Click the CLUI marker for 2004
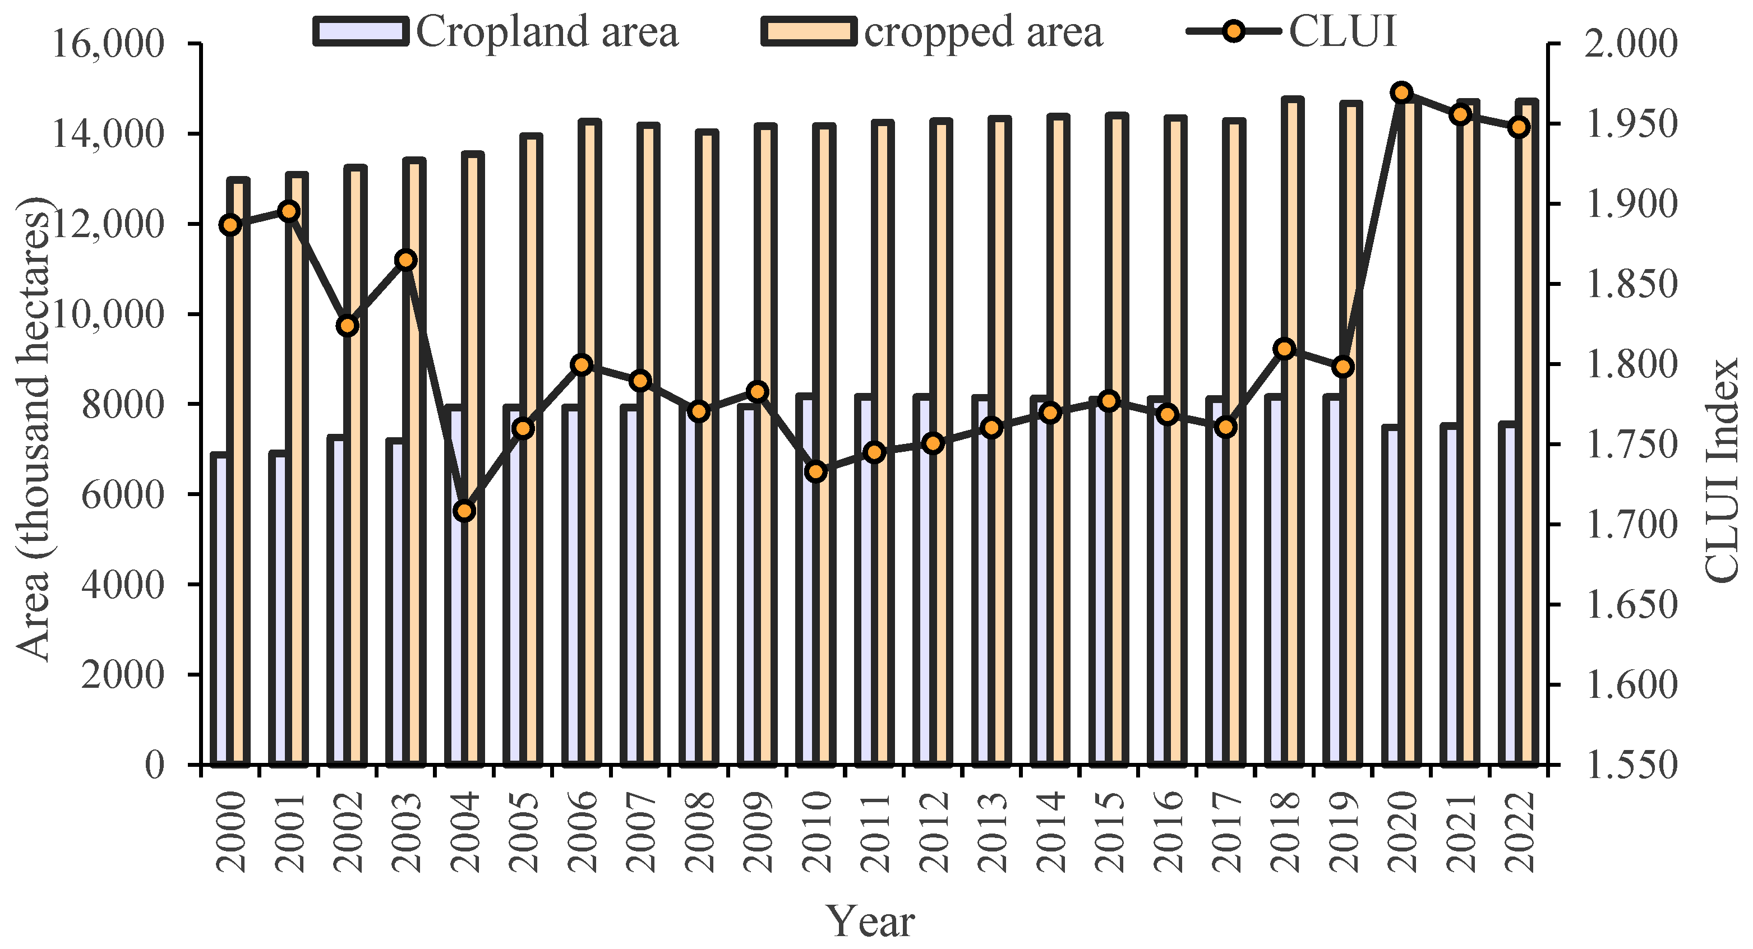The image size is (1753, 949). [465, 511]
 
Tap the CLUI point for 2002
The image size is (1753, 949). [348, 326]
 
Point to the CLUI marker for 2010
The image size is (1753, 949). [816, 471]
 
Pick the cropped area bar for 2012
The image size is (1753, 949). [941, 442]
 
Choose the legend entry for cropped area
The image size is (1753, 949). [933, 32]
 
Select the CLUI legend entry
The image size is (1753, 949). [1293, 32]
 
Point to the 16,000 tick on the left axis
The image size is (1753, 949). [108, 44]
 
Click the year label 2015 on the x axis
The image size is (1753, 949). [1110, 832]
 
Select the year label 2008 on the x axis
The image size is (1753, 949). [700, 832]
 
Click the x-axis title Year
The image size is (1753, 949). [870, 922]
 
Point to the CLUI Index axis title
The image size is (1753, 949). [1722, 469]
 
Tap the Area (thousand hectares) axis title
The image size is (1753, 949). [33, 429]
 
